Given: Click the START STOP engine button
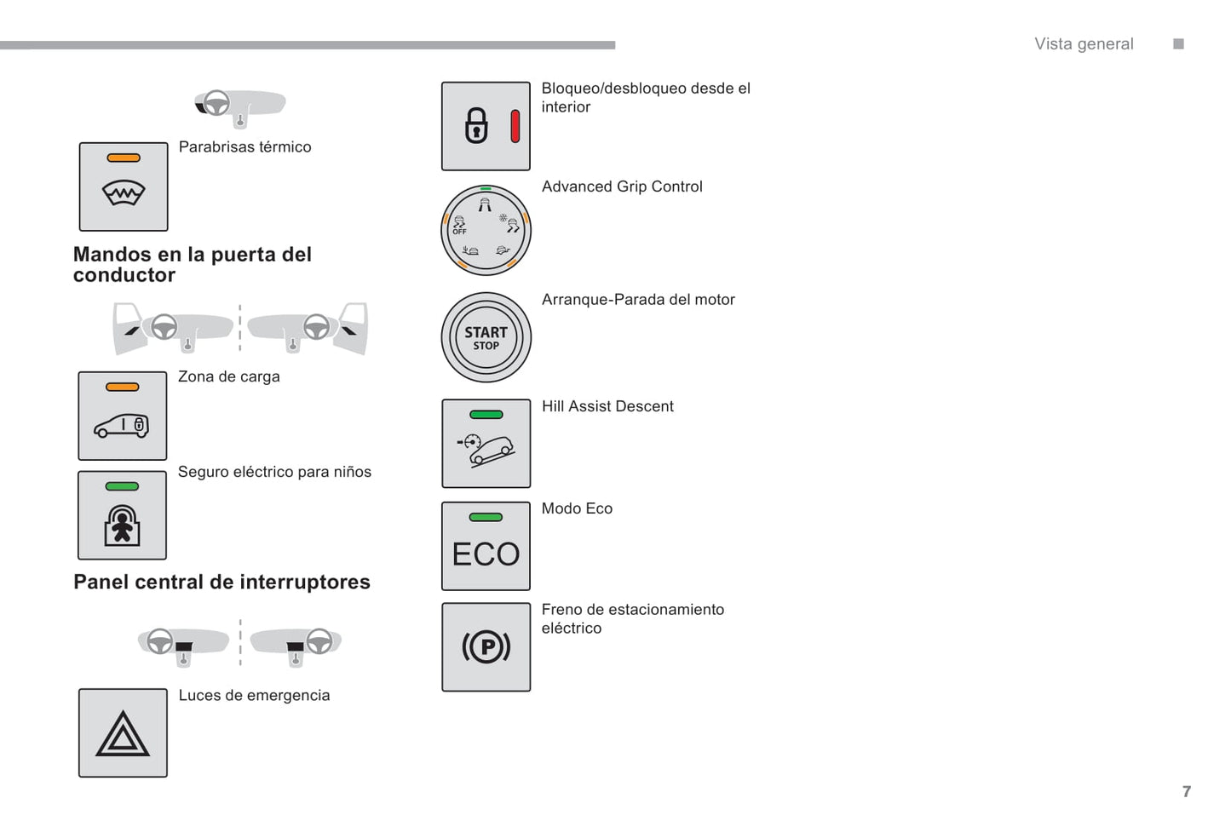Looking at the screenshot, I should click(486, 337).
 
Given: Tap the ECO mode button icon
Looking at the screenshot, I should click(486, 546).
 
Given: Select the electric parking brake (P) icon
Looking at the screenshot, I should click(486, 647).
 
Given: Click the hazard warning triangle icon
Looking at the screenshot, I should click(123, 733).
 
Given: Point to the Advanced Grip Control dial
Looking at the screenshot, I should click(486, 230).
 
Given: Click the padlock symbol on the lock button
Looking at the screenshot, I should click(476, 126).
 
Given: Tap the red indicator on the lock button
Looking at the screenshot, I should click(515, 126).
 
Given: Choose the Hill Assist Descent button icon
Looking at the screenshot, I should click(486, 444).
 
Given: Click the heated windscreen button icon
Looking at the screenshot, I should click(124, 187).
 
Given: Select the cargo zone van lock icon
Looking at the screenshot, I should click(123, 416).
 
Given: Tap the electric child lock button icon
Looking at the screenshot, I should click(122, 515).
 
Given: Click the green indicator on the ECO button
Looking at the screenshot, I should click(486, 517).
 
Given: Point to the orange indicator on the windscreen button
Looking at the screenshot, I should click(124, 158).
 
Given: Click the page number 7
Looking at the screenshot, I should click(1187, 791).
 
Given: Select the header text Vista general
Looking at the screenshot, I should click(1084, 44).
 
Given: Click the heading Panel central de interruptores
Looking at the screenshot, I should click(221, 582).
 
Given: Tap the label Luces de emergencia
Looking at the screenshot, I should click(254, 695).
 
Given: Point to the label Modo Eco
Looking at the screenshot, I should click(577, 508).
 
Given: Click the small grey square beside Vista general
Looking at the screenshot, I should click(1178, 44).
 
